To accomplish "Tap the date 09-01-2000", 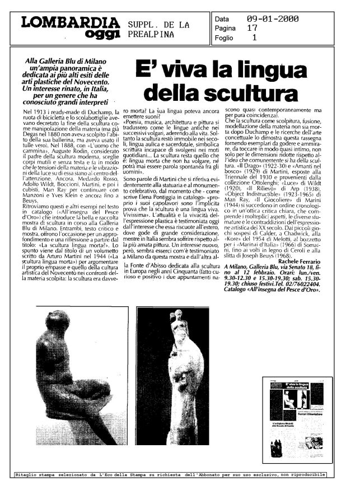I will (x=273, y=19).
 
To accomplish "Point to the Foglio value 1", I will (x=255, y=38).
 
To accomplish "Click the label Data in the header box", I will (x=222, y=19).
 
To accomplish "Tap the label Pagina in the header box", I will (x=225, y=29).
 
